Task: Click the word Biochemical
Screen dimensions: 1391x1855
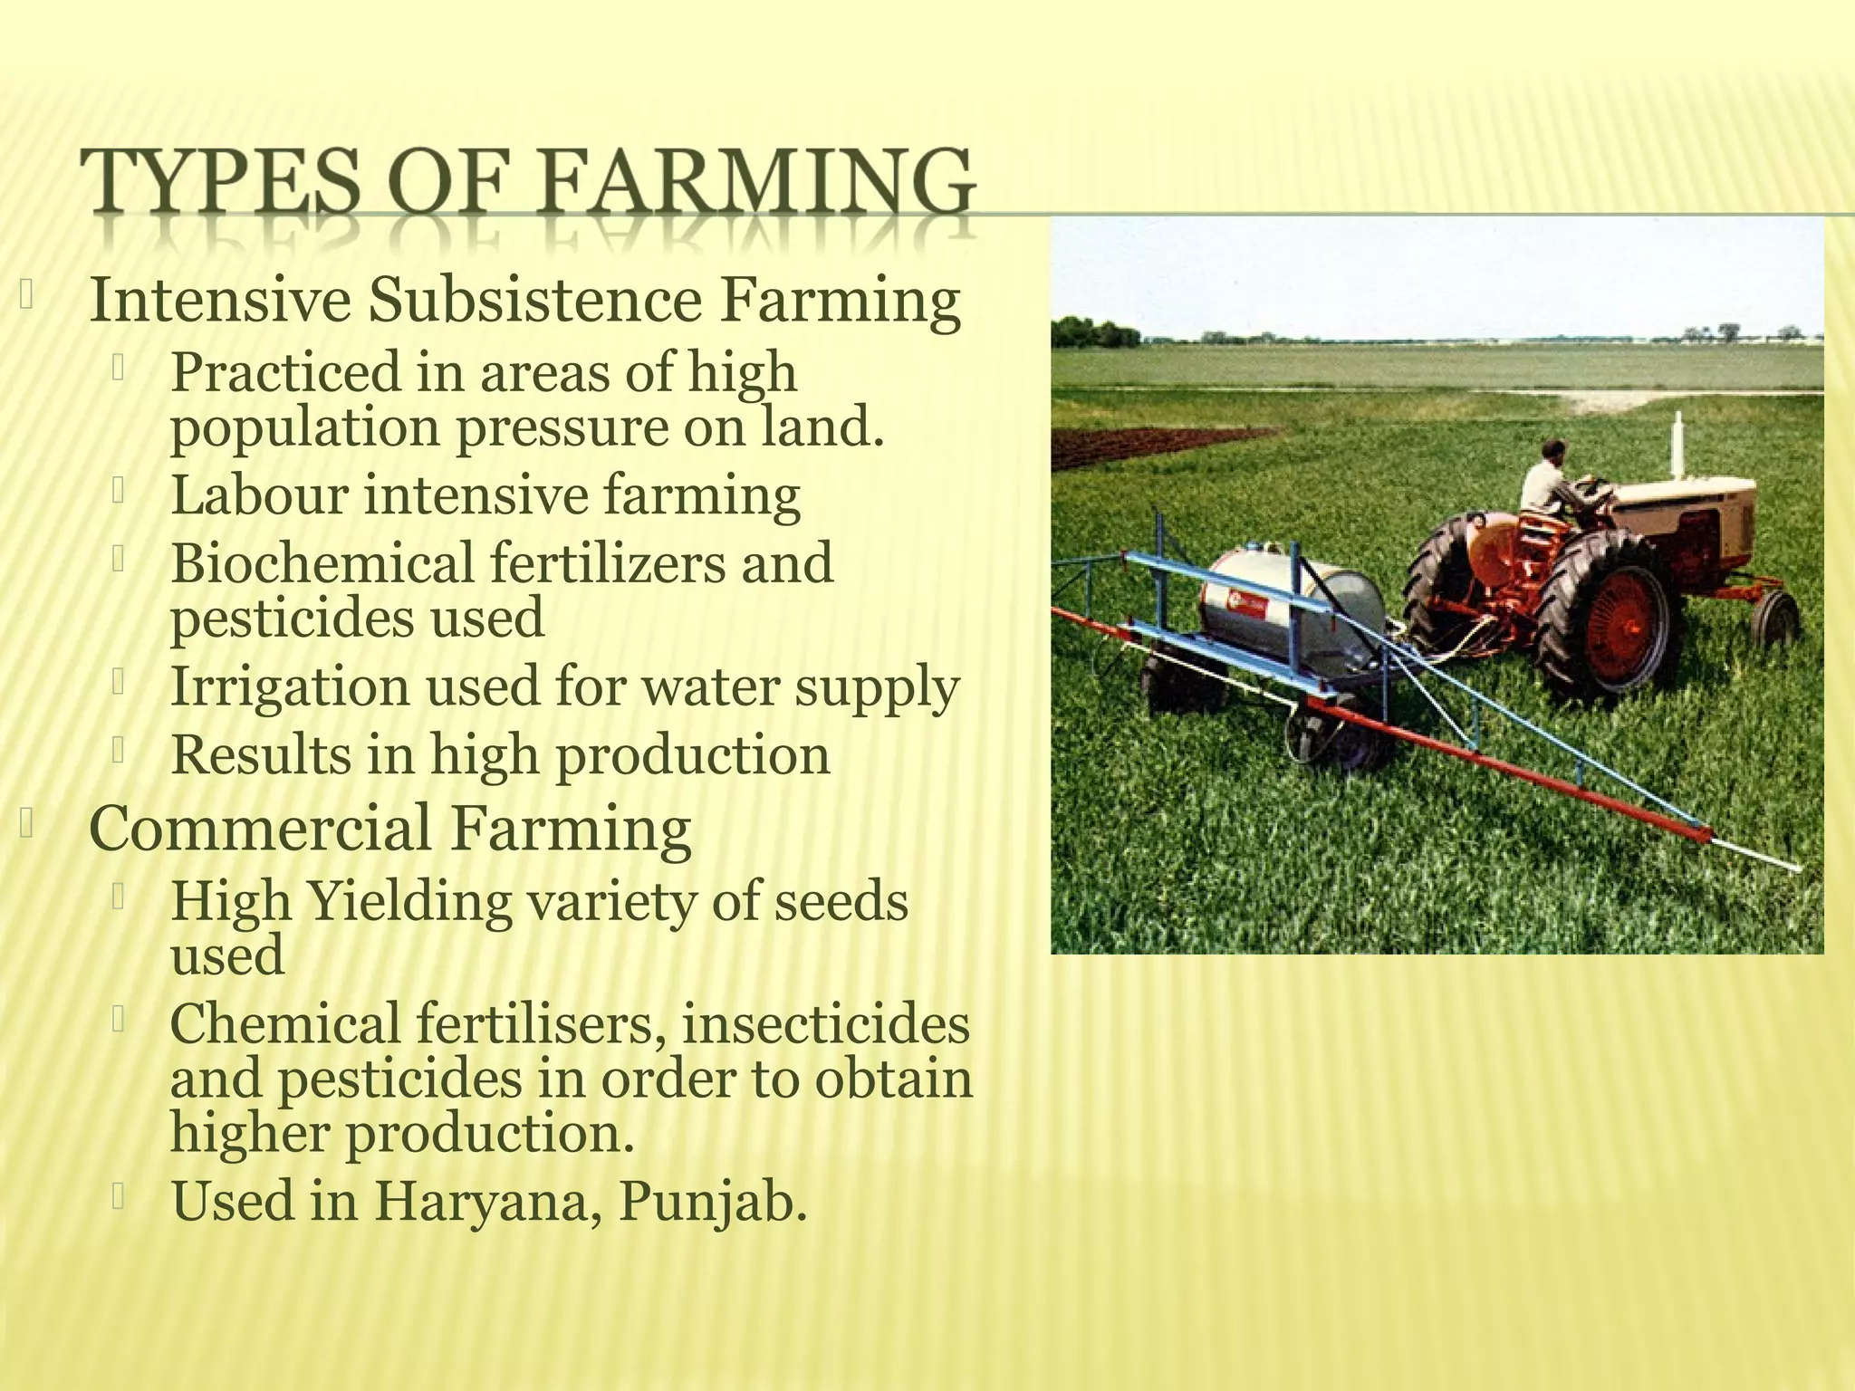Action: (x=322, y=562)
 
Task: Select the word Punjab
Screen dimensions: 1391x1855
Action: (x=712, y=1203)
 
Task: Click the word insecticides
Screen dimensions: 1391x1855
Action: (x=824, y=1024)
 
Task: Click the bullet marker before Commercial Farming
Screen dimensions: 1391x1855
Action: (x=26, y=824)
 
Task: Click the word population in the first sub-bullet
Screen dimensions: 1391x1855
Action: (x=304, y=428)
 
